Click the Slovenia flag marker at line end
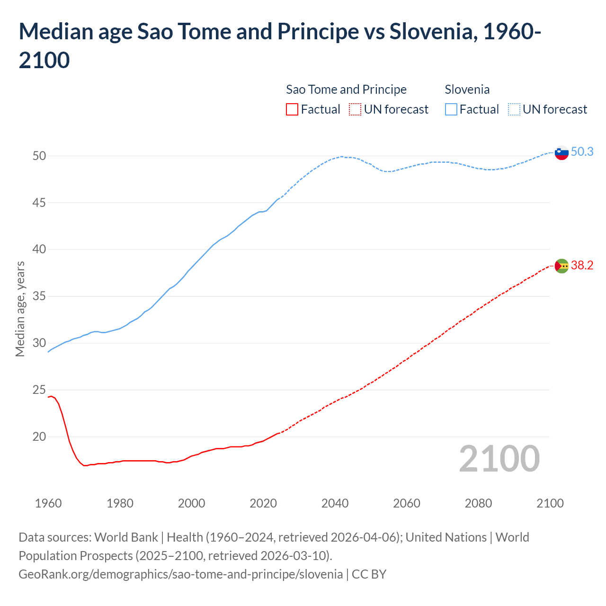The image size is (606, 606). [x=561, y=153]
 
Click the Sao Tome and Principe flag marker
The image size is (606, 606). [x=561, y=266]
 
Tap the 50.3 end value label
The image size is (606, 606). [x=582, y=151]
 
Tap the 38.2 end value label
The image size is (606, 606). [x=582, y=265]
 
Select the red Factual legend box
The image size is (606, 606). [x=292, y=109]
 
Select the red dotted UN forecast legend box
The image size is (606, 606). [x=355, y=109]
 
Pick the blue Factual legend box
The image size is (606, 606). [x=451, y=109]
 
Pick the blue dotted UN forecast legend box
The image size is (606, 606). [x=514, y=109]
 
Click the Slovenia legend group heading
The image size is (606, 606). [x=467, y=89]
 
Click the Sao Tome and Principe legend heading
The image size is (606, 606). [x=346, y=89]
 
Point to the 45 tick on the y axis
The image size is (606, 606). [x=39, y=203]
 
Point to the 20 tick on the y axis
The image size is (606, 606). [x=39, y=437]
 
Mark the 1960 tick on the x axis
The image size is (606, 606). [x=48, y=503]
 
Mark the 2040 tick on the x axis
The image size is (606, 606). [x=335, y=503]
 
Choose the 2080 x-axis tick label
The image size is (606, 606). [x=478, y=503]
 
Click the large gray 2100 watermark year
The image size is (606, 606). [x=499, y=459]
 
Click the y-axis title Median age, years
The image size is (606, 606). [x=20, y=309]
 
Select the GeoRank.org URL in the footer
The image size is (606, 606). [x=180, y=574]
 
